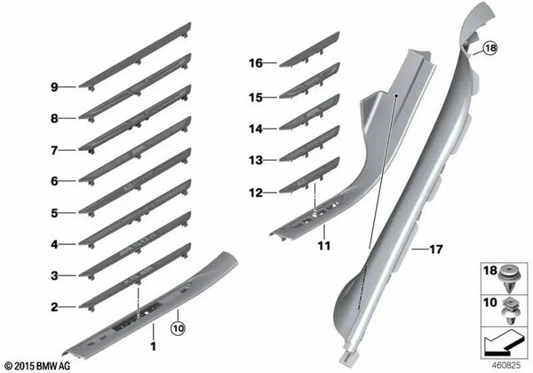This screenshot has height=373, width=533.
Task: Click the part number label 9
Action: (x=54, y=87)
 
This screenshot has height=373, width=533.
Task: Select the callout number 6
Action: (x=54, y=181)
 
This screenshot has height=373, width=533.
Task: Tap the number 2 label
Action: (x=54, y=307)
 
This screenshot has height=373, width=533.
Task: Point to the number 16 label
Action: (x=256, y=63)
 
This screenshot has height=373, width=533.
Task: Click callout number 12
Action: (x=256, y=193)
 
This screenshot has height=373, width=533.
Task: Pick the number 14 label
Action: (x=256, y=129)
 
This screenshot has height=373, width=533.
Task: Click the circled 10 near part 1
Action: (x=179, y=329)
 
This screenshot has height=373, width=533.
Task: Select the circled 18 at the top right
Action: (x=490, y=48)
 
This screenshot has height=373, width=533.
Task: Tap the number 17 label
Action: (x=436, y=250)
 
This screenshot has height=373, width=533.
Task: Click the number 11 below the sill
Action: (x=324, y=246)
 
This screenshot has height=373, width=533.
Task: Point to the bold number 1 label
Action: (x=154, y=346)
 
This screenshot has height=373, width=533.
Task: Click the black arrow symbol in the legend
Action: (x=503, y=345)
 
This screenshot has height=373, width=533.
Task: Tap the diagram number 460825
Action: (x=506, y=366)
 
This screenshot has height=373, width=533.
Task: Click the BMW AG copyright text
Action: (x=37, y=366)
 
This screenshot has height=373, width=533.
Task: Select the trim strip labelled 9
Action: (x=135, y=56)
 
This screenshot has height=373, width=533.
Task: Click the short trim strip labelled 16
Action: (x=309, y=49)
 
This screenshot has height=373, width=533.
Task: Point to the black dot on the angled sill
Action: (x=396, y=96)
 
